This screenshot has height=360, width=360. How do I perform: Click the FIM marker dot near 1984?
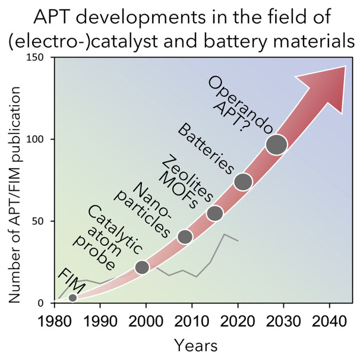click(x=72, y=298)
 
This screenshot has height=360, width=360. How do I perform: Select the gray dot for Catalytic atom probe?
click(x=142, y=267)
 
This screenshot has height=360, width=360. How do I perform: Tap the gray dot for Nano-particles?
click(x=185, y=237)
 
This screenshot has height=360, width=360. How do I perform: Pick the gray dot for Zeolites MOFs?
click(x=215, y=213)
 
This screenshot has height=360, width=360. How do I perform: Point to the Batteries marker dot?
click(x=243, y=181)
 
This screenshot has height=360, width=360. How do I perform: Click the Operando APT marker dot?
click(x=276, y=144)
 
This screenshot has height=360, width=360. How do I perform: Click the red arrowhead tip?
click(x=345, y=67)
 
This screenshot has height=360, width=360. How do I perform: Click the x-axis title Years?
click(x=196, y=345)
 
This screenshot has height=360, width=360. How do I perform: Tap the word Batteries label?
click(x=205, y=150)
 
